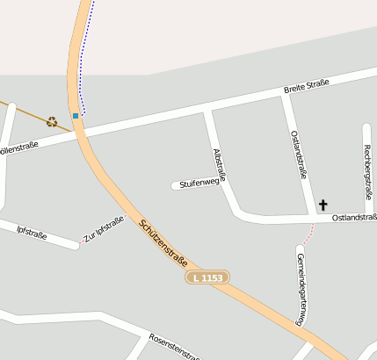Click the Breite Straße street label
(x=306, y=86)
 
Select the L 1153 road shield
(x=208, y=277)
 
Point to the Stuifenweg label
(x=199, y=183)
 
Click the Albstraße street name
(x=220, y=165)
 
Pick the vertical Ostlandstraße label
(x=298, y=154)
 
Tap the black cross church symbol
(x=323, y=205)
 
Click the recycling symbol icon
(x=52, y=122)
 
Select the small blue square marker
(x=76, y=115)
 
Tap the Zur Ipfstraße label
(x=104, y=229)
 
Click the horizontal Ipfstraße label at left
(x=32, y=232)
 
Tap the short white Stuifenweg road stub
(x=175, y=184)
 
